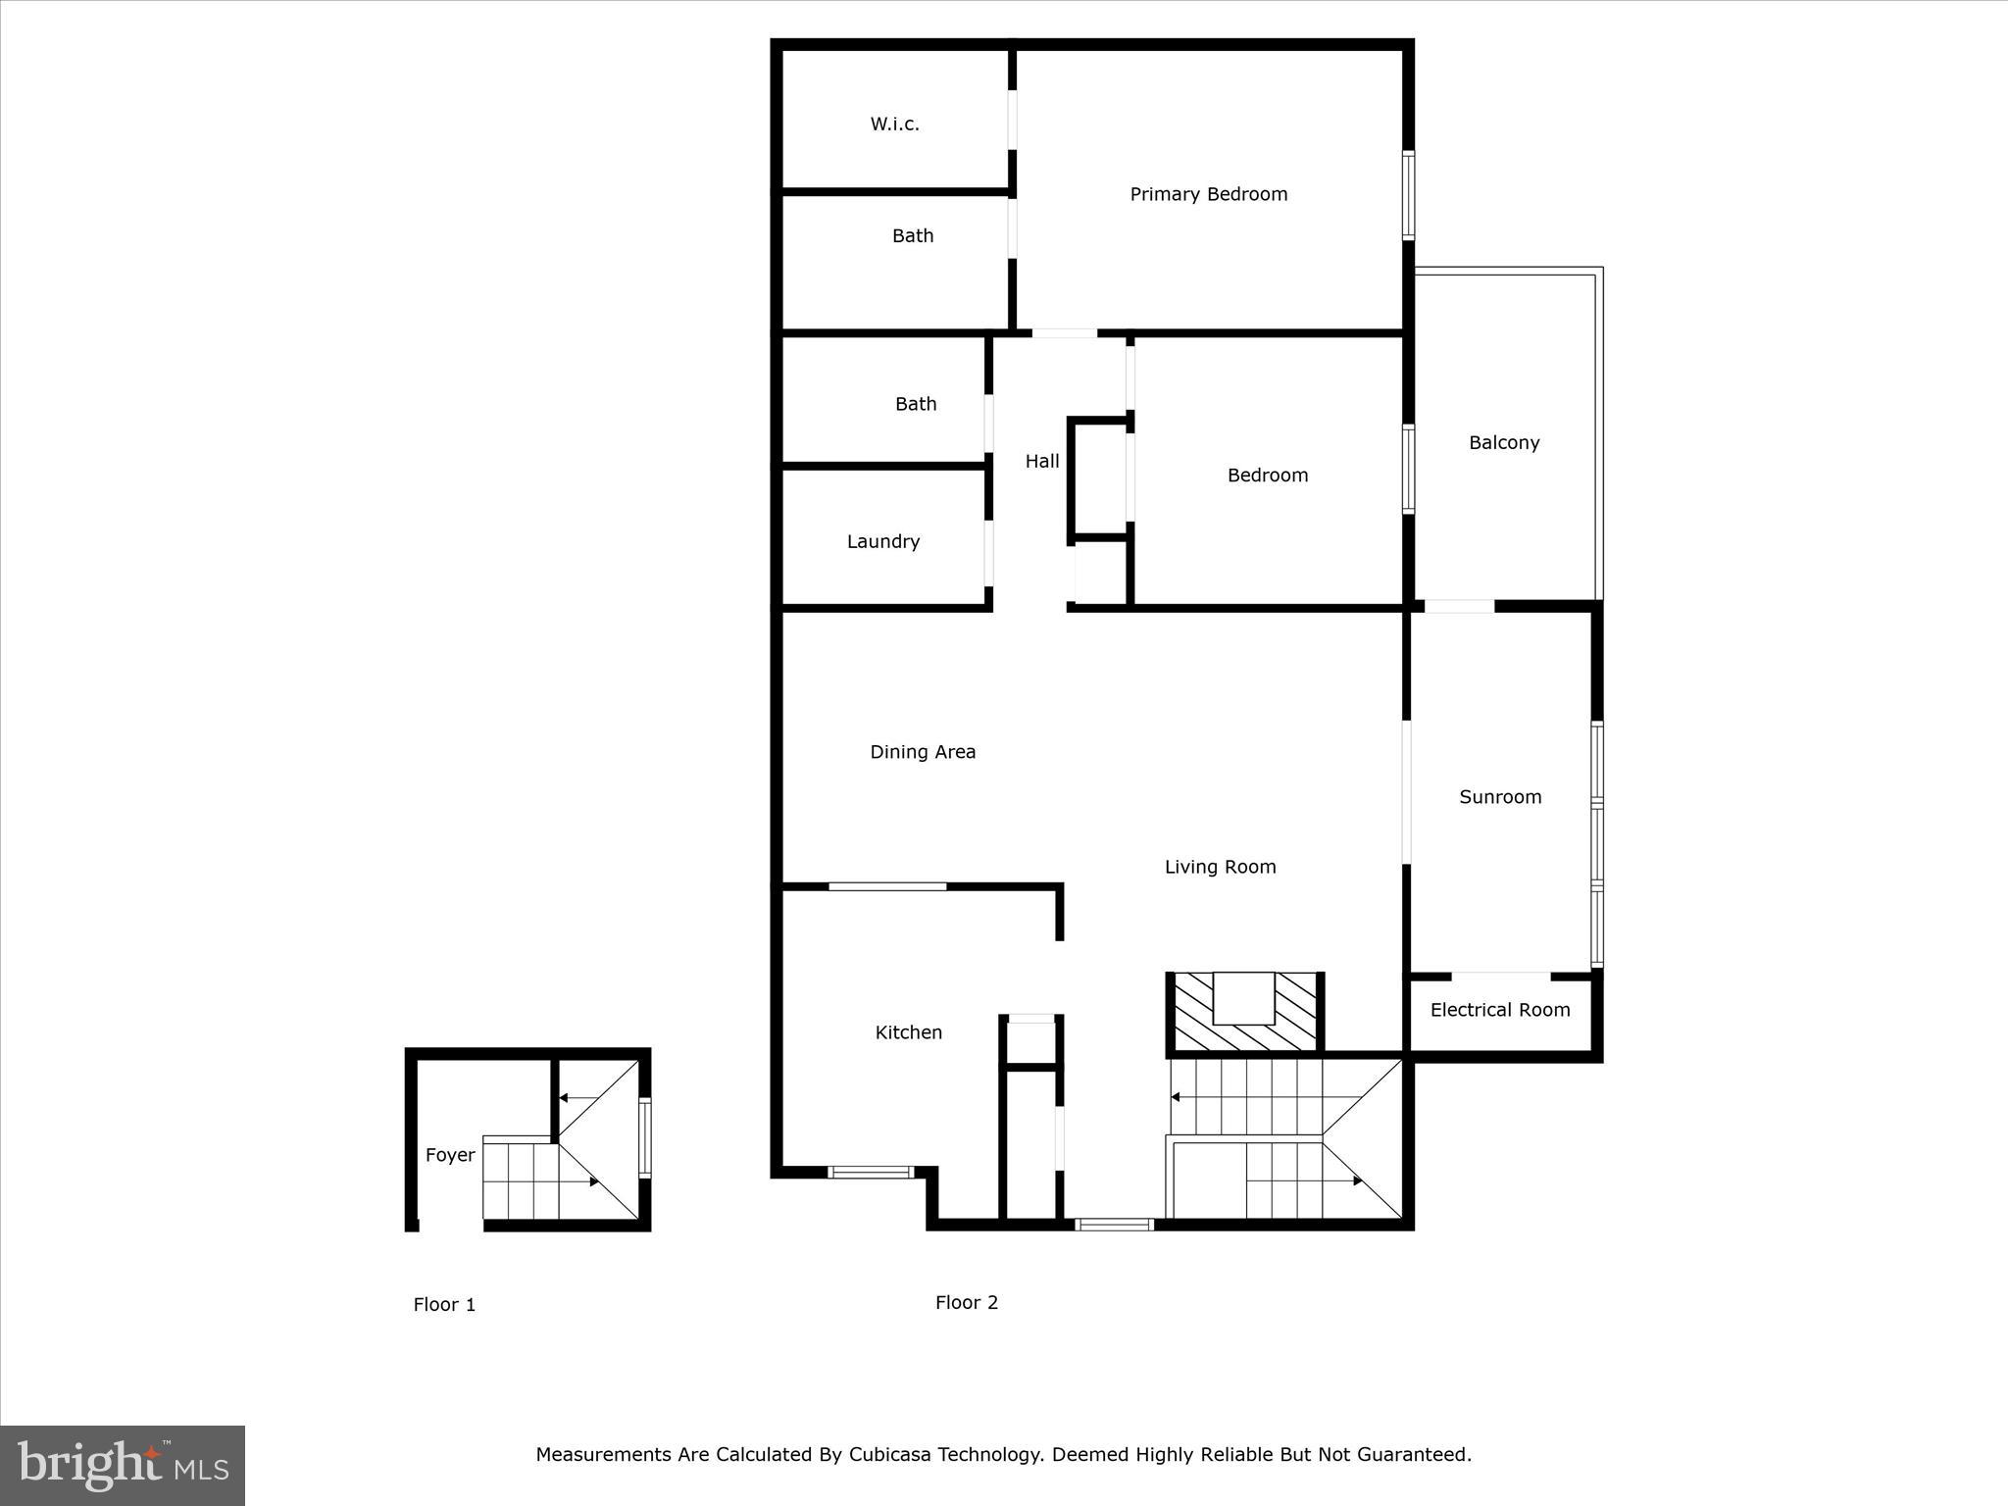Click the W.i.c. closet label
click(x=894, y=125)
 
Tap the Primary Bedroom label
click(x=1208, y=194)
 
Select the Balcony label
click(x=1503, y=443)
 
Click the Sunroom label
click(x=1499, y=797)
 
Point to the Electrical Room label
click(x=1499, y=1010)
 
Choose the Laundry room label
click(x=882, y=541)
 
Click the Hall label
click(x=1041, y=461)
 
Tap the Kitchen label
click(x=908, y=1032)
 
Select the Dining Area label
click(x=922, y=752)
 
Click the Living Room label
click(x=1220, y=867)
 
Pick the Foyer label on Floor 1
click(x=450, y=1155)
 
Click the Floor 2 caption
click(x=966, y=1302)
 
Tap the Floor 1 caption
click(x=444, y=1304)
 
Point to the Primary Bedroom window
click(x=1408, y=195)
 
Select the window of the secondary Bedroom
click(x=1408, y=469)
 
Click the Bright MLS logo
click(x=123, y=1465)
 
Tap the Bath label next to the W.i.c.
click(x=912, y=236)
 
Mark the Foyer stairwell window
click(x=644, y=1137)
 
